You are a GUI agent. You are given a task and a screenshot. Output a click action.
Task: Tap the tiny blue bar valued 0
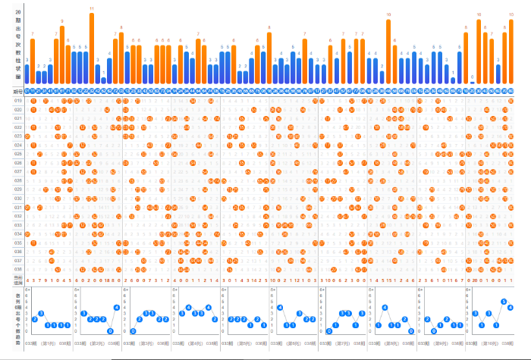point(472,82)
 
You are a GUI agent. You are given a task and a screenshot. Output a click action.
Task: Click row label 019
point(17,101)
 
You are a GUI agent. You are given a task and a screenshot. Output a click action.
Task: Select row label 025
point(17,154)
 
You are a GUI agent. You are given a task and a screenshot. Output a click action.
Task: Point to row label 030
point(17,198)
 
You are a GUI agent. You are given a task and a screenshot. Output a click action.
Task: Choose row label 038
point(17,269)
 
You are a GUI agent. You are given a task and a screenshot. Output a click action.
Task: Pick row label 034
point(17,233)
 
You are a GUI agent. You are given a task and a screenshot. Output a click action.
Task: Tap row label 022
point(17,127)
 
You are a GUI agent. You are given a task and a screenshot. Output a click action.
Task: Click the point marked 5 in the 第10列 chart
point(503,301)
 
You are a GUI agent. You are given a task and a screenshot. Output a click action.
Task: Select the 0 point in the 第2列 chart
point(110,331)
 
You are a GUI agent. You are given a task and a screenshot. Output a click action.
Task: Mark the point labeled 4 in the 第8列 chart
point(386,307)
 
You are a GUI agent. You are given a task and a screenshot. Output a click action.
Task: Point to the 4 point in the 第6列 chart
point(281,307)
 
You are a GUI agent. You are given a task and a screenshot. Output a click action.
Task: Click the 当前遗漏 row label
point(17,280)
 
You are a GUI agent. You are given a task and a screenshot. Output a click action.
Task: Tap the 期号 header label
point(17,92)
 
